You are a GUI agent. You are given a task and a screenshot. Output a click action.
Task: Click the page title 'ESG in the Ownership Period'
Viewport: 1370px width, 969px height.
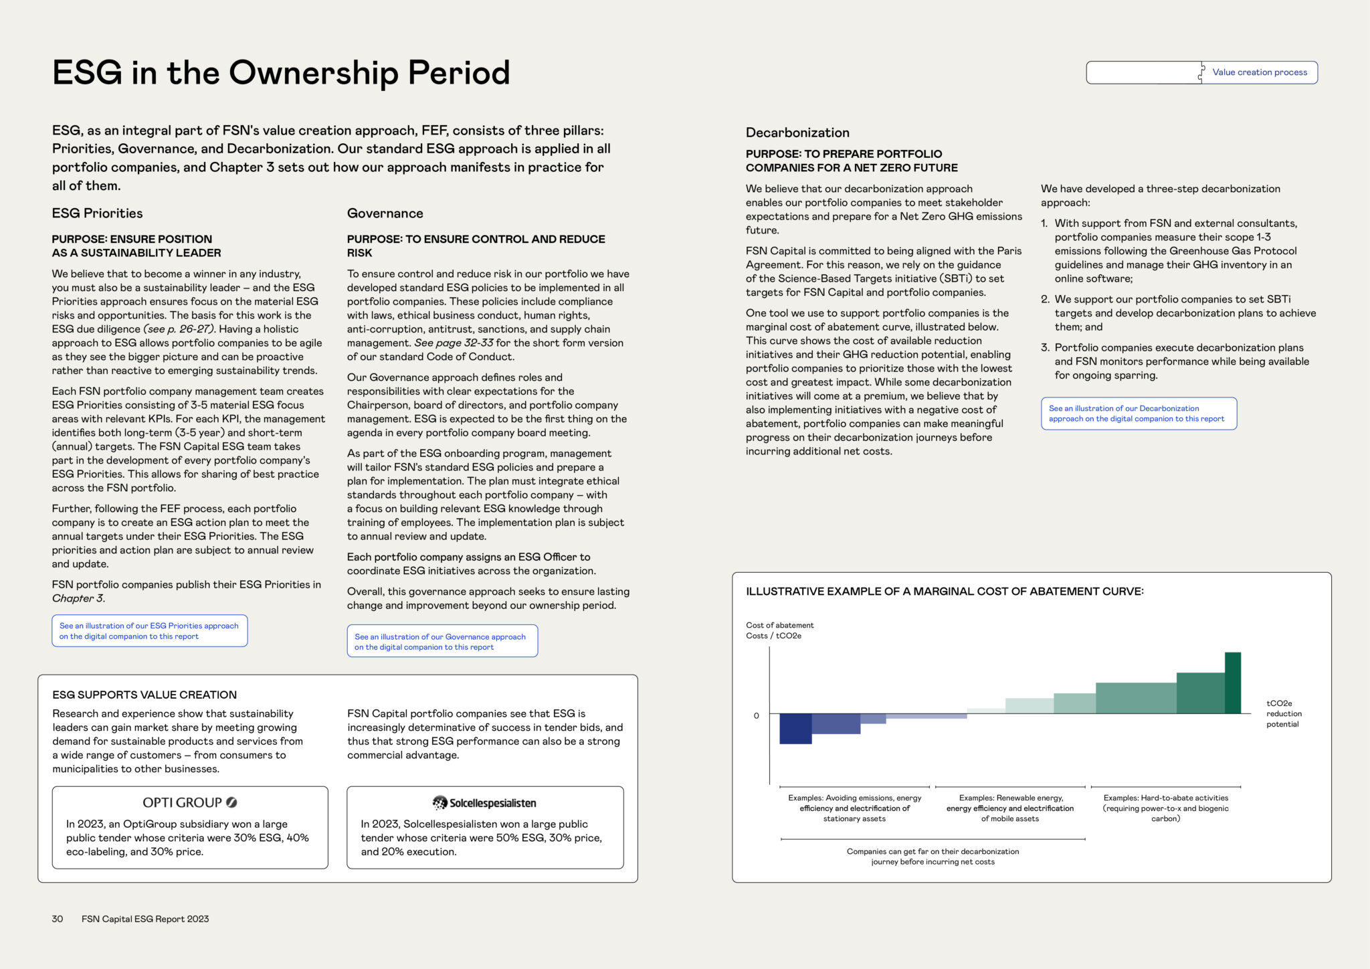point(281,72)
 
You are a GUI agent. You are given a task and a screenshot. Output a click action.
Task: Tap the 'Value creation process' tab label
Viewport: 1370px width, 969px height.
point(1259,72)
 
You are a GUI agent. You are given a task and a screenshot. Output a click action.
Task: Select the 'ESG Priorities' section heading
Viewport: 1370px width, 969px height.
point(98,213)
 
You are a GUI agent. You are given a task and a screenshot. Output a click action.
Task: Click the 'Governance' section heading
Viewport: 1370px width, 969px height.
point(385,213)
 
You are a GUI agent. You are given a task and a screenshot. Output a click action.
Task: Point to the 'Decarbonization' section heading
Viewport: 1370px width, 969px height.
point(797,133)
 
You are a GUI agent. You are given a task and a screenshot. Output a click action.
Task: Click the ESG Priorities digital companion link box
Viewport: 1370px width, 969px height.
point(149,631)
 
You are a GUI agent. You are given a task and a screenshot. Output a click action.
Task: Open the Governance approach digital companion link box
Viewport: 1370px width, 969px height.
point(442,642)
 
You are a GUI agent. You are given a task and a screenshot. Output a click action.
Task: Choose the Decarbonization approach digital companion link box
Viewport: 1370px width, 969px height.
point(1138,414)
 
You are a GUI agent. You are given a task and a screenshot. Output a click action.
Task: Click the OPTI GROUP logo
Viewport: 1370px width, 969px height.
point(190,802)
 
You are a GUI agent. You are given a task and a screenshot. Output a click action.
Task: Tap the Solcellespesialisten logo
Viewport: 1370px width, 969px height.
point(485,803)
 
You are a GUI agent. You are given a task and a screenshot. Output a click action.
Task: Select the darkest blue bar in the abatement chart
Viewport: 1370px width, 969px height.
point(795,729)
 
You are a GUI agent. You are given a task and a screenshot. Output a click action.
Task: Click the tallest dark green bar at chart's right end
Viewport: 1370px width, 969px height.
point(1232,683)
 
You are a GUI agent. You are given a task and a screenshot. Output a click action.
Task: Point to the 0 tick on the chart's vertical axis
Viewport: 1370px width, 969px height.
point(757,715)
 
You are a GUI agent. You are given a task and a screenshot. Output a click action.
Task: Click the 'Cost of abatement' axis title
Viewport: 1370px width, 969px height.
point(779,625)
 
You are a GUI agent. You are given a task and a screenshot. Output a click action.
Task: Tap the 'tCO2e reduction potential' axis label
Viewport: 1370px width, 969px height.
point(1283,713)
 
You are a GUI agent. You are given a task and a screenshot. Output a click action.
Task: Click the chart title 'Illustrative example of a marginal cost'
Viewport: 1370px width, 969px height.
point(945,592)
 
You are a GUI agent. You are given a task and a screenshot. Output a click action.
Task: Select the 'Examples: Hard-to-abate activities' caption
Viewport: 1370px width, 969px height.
point(1165,808)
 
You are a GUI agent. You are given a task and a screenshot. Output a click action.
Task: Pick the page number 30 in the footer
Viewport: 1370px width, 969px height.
point(58,919)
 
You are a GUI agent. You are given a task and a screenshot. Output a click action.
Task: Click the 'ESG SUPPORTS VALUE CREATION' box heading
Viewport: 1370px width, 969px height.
point(144,695)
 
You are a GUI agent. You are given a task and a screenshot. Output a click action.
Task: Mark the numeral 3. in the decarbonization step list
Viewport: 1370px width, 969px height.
point(1045,347)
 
